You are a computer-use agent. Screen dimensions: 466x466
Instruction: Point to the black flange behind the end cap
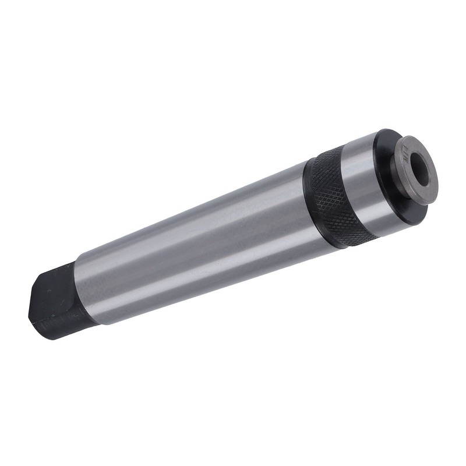pos(387,175)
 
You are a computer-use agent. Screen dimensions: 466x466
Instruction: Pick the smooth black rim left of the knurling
pos(308,201)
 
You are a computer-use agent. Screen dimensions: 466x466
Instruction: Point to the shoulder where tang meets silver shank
pos(82,291)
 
